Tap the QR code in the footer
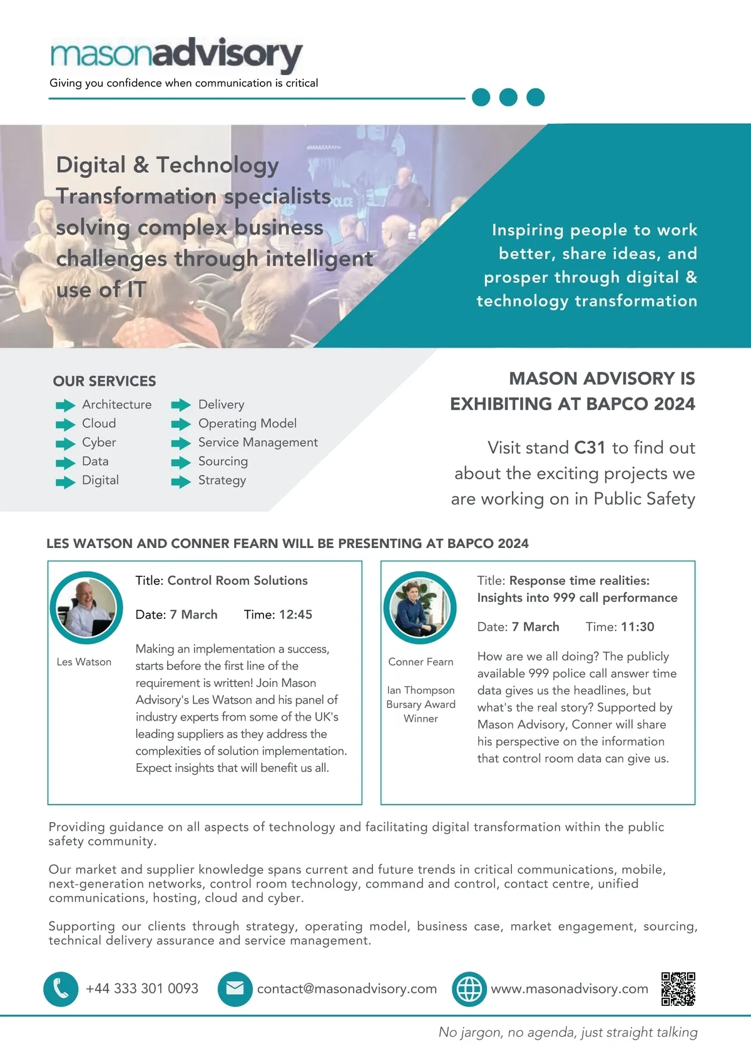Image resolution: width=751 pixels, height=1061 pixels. pyautogui.click(x=678, y=988)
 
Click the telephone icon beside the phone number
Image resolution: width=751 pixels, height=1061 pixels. pyautogui.click(x=61, y=988)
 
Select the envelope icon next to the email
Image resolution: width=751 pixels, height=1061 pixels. pyautogui.click(x=235, y=988)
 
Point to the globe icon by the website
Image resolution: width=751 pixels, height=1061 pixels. pyautogui.click(x=469, y=988)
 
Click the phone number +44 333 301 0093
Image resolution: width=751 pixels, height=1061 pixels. pyautogui.click(x=142, y=988)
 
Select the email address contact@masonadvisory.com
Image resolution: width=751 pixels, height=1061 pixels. pyautogui.click(x=347, y=988)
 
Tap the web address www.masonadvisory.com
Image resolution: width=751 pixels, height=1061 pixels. pyautogui.click(x=570, y=988)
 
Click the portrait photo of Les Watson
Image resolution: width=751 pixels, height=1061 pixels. pyautogui.click(x=86, y=607)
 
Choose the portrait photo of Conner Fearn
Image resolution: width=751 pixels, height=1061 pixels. pyautogui.click(x=420, y=607)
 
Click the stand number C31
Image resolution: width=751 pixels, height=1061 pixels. pyautogui.click(x=590, y=448)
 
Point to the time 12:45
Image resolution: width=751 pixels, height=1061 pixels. pyautogui.click(x=295, y=614)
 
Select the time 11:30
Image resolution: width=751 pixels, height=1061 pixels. pyautogui.click(x=638, y=627)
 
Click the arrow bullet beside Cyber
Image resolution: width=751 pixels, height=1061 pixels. pyautogui.click(x=65, y=444)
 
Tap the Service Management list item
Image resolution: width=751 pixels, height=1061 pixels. pyautogui.click(x=258, y=442)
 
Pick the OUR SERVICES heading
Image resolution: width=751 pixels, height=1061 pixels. pyautogui.click(x=105, y=381)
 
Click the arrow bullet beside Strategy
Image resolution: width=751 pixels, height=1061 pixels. pyautogui.click(x=181, y=482)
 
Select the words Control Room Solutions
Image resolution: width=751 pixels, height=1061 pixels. pyautogui.click(x=238, y=581)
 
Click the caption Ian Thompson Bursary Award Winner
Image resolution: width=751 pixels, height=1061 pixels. pyautogui.click(x=421, y=704)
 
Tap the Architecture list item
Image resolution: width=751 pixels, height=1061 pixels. pyautogui.click(x=116, y=405)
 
